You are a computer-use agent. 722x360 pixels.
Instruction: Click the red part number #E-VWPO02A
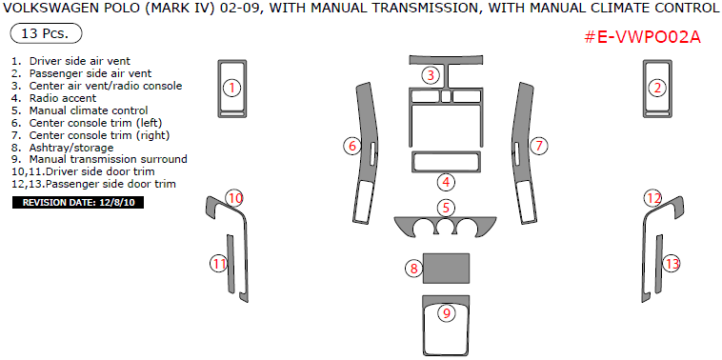click(642, 37)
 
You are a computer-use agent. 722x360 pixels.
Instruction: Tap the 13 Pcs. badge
click(46, 34)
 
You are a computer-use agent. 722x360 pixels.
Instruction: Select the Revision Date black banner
click(78, 203)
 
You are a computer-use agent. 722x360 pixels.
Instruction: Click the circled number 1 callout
click(232, 88)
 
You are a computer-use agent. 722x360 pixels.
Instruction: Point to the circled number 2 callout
click(657, 88)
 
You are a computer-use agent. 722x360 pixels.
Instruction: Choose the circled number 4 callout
click(446, 182)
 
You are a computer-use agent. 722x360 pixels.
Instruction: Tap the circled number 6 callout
click(352, 147)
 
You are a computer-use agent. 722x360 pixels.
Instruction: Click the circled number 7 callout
click(538, 147)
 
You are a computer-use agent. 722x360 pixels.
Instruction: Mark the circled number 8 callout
click(414, 268)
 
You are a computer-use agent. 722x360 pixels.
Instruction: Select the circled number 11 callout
click(219, 264)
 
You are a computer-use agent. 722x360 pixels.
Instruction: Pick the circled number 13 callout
click(672, 264)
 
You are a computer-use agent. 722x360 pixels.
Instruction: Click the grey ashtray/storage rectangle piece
click(446, 268)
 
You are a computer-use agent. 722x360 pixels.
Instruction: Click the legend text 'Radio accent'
click(63, 98)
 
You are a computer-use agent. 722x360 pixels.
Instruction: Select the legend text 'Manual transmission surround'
click(109, 159)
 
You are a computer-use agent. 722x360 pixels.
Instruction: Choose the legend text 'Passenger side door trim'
click(111, 184)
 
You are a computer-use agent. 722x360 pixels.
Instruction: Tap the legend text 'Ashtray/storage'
click(71, 148)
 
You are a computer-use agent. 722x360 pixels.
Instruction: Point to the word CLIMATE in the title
click(609, 9)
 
